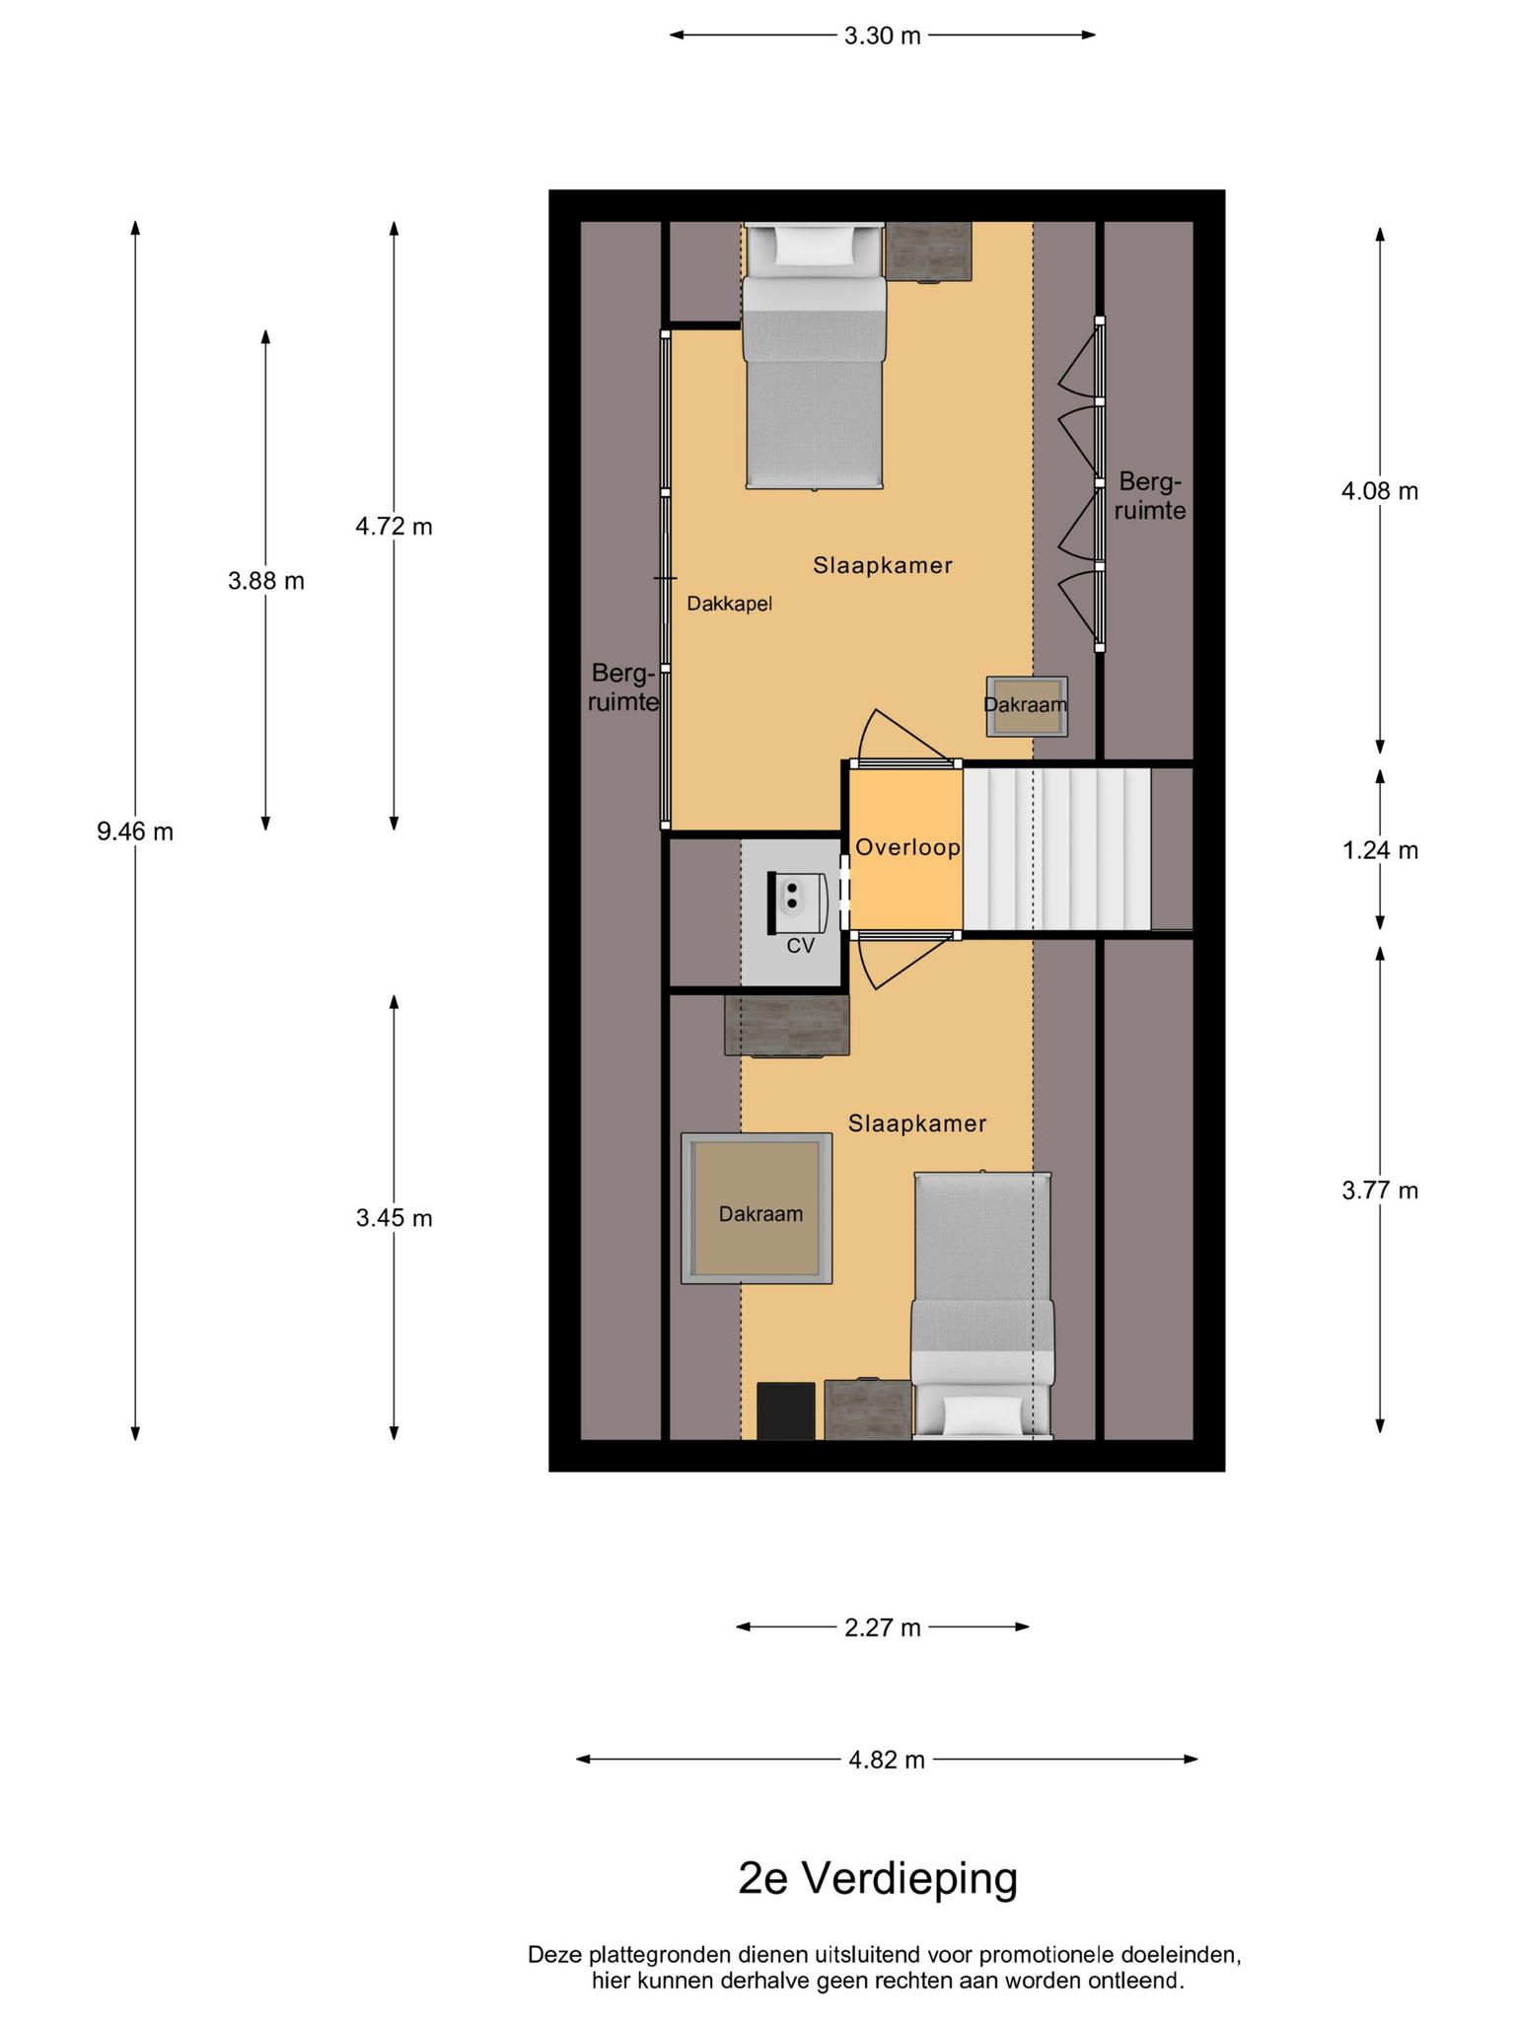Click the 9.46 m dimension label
(x=135, y=831)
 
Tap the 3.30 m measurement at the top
(x=883, y=36)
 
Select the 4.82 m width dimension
(x=887, y=1760)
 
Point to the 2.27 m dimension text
(x=883, y=1627)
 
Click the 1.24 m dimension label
(x=1380, y=850)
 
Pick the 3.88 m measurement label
(x=266, y=581)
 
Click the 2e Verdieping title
(x=878, y=1879)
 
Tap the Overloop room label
(x=907, y=847)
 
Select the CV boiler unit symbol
(x=798, y=902)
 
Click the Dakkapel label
(x=730, y=604)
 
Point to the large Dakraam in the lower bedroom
(x=757, y=1208)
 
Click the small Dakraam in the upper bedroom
(x=1027, y=706)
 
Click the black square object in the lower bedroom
(x=786, y=1410)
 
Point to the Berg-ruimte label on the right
(x=1151, y=496)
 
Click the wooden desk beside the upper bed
(x=928, y=252)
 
